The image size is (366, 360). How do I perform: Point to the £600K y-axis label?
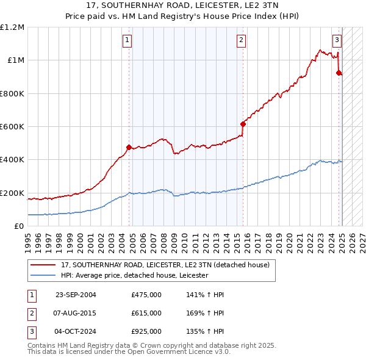12,127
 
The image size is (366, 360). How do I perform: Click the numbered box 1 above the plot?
127,40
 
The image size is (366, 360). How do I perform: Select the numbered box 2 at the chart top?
242,40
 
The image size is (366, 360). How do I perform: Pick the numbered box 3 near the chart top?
337,40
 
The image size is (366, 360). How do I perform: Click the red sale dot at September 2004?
129,147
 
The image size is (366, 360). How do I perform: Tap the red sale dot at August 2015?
243,124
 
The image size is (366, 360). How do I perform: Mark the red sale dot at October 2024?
339,73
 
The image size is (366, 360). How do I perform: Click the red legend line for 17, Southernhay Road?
43,265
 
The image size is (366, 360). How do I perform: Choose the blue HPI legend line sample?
43,275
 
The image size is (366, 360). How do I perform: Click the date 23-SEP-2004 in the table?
76,295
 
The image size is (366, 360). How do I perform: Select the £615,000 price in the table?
146,313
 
